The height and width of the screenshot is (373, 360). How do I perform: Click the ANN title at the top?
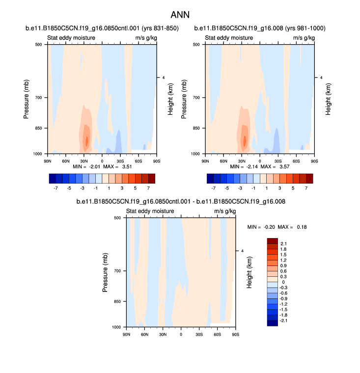[x=180, y=15]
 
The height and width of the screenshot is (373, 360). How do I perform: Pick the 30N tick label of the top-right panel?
[x=242, y=160]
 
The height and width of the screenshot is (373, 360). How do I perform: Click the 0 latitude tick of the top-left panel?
[x=102, y=160]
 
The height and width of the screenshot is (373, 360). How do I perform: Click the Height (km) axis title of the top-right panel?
[x=328, y=99]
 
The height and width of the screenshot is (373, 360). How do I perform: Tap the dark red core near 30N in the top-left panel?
[x=87, y=141]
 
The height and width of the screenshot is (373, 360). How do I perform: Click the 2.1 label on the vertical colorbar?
[x=283, y=243]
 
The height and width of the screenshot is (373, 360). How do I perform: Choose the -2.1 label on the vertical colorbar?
[x=284, y=320]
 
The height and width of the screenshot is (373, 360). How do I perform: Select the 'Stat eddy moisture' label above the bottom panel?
[x=148, y=212]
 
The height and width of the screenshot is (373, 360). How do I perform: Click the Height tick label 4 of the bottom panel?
[x=242, y=251]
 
